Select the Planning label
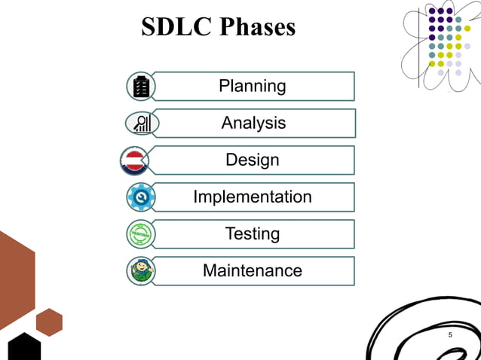click(253, 86)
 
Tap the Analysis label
click(253, 123)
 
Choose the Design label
click(253, 160)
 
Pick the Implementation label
click(253, 197)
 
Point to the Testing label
click(253, 233)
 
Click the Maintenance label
click(253, 270)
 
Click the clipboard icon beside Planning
click(140, 87)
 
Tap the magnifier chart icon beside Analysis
click(141, 123)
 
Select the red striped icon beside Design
click(135, 160)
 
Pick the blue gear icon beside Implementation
click(140, 197)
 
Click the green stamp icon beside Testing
click(140, 233)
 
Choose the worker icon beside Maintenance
click(140, 270)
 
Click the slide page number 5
click(451, 334)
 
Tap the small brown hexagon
click(49, 322)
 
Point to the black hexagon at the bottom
click(23, 347)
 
